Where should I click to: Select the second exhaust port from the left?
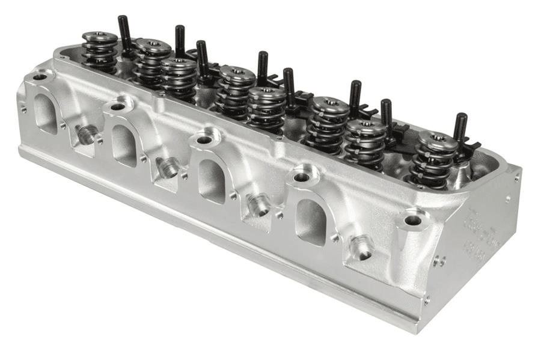(x=124, y=145)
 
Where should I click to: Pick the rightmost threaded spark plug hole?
(x=361, y=247)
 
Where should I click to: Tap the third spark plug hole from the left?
(x=258, y=204)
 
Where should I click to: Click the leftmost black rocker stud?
(x=125, y=33)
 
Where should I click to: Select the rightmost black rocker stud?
(x=460, y=127)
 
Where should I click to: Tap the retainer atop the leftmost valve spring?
(x=100, y=37)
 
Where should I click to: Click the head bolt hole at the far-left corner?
(x=40, y=77)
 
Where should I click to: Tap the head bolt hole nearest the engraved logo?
(x=413, y=221)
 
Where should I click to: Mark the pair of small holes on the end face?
(x=439, y=261)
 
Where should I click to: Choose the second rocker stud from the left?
(x=180, y=41)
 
